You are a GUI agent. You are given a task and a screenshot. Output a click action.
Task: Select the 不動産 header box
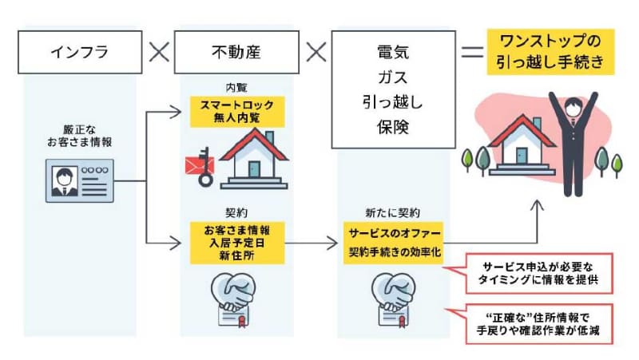pyautogui.click(x=232, y=53)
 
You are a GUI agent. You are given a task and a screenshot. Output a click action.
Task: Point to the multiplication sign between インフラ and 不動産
pyautogui.click(x=158, y=53)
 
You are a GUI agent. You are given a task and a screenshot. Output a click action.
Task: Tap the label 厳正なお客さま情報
pyautogui.click(x=81, y=136)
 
